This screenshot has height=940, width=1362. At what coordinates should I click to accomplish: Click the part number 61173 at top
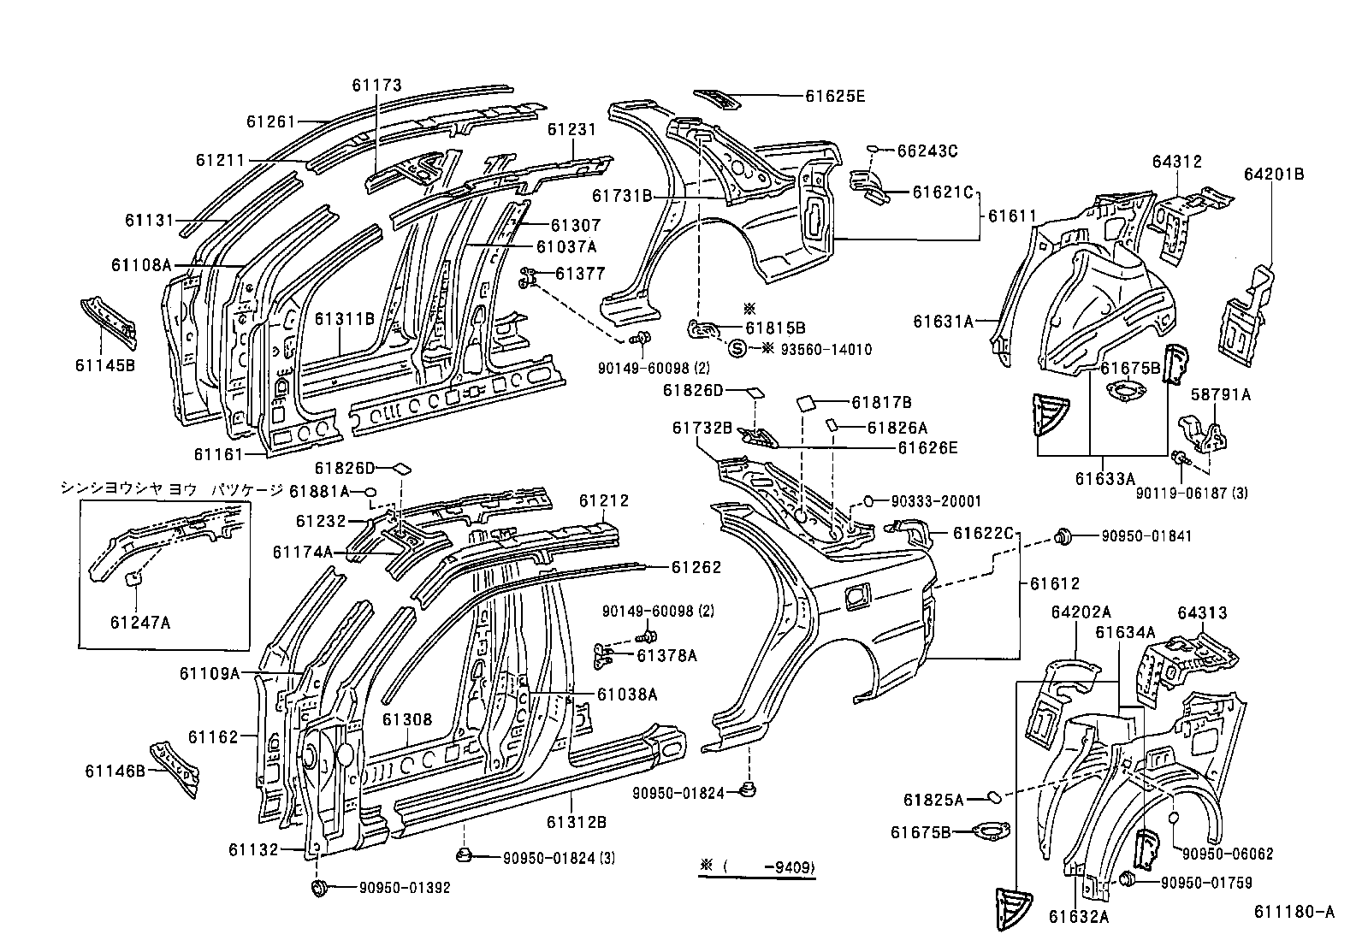[376, 85]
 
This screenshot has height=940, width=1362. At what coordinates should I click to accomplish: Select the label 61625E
[835, 97]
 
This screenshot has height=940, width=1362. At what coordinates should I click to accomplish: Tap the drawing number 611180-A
[1294, 913]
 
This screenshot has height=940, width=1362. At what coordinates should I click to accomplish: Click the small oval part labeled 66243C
[873, 151]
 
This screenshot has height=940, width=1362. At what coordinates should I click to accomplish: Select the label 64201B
[1274, 174]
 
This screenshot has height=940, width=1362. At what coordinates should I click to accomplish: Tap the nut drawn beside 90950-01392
[320, 887]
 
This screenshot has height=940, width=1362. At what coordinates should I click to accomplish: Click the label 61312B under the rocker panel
[577, 822]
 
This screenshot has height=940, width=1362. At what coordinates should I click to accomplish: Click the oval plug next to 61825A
[994, 797]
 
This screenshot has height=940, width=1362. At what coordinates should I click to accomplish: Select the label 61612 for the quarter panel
[1055, 583]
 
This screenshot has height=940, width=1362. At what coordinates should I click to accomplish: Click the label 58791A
[1222, 394]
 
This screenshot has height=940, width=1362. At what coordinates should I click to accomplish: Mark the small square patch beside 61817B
[808, 402]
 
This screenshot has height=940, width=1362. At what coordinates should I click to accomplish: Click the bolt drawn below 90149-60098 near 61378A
[648, 636]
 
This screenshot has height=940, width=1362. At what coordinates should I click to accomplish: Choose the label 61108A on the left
[141, 264]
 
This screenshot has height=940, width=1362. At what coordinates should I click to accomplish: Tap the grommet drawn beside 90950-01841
[1064, 537]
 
